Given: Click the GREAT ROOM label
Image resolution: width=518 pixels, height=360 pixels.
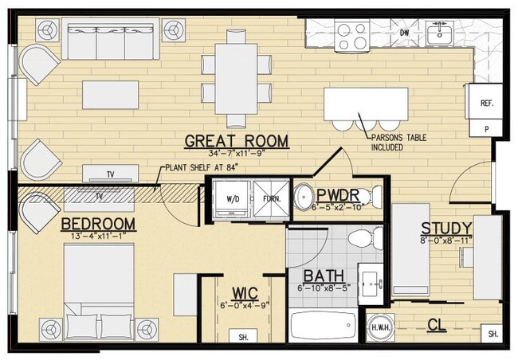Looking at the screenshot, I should pyautogui.click(x=236, y=141).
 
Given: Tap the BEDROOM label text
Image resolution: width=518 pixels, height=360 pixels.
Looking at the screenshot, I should pyautogui.click(x=98, y=223).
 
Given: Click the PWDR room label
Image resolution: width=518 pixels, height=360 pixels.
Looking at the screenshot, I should pyautogui.click(x=343, y=196).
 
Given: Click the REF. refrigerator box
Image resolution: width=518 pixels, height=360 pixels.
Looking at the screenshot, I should pyautogui.click(x=486, y=104).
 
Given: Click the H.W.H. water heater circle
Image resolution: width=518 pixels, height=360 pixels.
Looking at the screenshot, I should pyautogui.click(x=378, y=327).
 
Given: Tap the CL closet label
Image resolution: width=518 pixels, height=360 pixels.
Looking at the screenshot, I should pyautogui.click(x=436, y=324).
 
